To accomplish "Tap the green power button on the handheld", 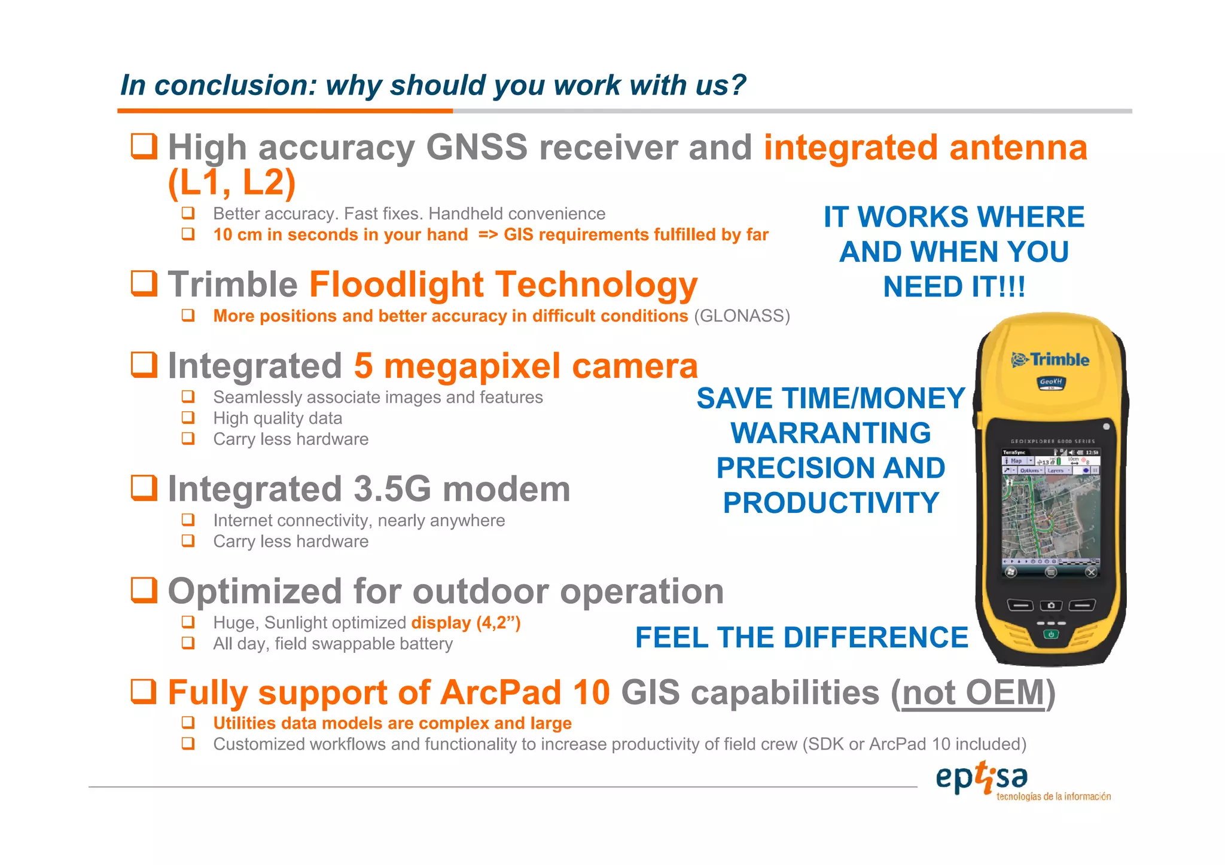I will [1051, 634].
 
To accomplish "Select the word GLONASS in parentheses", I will [742, 316].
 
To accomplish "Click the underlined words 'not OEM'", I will [973, 693].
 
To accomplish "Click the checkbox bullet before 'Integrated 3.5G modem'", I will [144, 488].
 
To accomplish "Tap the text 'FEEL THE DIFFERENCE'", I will [801, 637].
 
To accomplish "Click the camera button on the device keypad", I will [1051, 606].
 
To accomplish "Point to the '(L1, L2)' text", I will [232, 182].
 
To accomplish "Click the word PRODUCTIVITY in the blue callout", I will [831, 503].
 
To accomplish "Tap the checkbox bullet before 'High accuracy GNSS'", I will [144, 146].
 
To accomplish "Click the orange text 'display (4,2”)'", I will [466, 623].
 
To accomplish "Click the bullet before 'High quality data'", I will [188, 418].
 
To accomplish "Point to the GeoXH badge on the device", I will [1051, 382].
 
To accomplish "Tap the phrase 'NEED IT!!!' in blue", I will [954, 287].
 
